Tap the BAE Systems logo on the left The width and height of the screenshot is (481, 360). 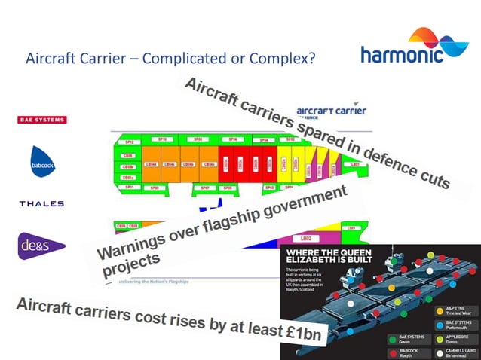[x=41, y=119]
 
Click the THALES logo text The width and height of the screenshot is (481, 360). [x=41, y=203]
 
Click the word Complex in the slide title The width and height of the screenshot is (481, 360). [x=283, y=58]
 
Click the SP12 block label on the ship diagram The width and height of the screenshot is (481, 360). [x=130, y=141]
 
